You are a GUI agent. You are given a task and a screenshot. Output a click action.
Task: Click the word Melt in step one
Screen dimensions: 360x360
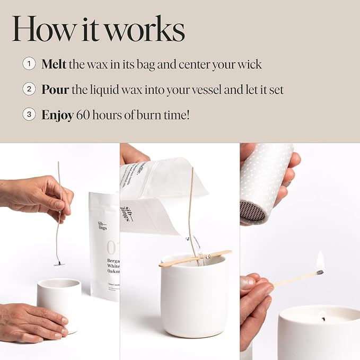point(54,65)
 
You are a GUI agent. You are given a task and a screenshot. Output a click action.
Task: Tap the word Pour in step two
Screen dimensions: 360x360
point(55,90)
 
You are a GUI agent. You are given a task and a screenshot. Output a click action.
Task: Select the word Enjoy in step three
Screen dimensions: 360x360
point(57,115)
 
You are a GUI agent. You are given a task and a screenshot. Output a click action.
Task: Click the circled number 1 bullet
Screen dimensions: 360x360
point(29,64)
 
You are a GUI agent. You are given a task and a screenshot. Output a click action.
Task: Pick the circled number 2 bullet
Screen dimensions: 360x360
point(29,89)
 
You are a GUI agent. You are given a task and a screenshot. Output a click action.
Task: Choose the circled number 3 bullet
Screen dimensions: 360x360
point(29,114)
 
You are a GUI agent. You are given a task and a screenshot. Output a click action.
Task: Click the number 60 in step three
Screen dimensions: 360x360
point(83,115)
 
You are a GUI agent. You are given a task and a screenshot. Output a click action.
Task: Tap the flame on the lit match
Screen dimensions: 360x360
point(320,262)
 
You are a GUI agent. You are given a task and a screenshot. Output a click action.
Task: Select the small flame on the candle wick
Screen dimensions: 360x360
point(322,319)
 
